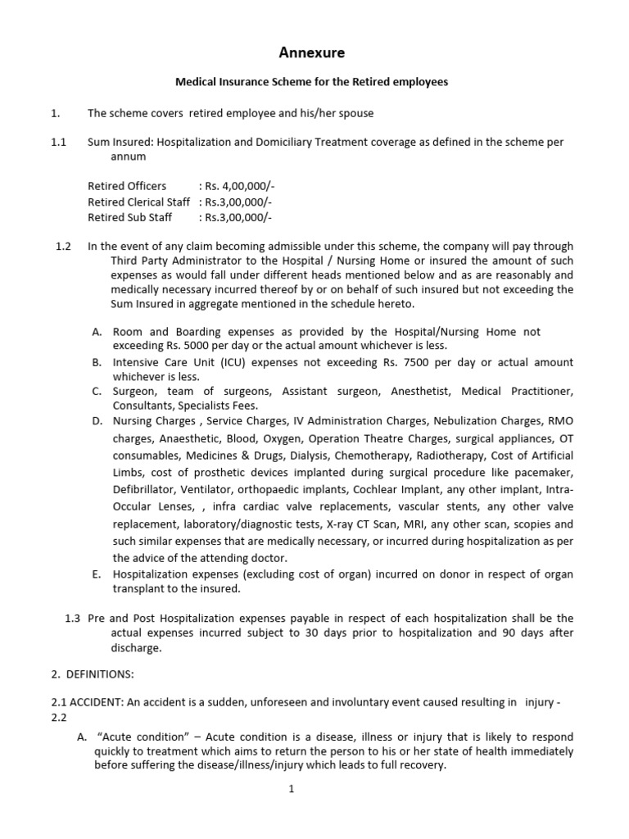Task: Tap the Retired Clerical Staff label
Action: [x=138, y=202]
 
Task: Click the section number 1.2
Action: [x=64, y=246]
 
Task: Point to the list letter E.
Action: [x=96, y=574]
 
